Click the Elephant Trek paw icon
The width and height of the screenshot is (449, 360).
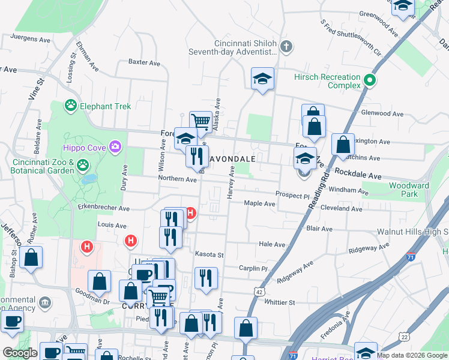coord(71,106)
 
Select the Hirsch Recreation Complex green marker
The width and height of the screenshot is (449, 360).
coord(371,80)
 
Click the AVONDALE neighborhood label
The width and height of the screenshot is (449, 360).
coord(234,159)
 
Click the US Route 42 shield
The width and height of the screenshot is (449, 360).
coord(259,291)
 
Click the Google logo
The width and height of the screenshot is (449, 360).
coord(19,353)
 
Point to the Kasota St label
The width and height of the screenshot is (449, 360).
coord(209,255)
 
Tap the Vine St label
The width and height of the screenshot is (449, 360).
coord(36,88)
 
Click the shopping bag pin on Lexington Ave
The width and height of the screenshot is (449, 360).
coord(342,146)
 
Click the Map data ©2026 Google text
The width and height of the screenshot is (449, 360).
coord(411,355)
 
